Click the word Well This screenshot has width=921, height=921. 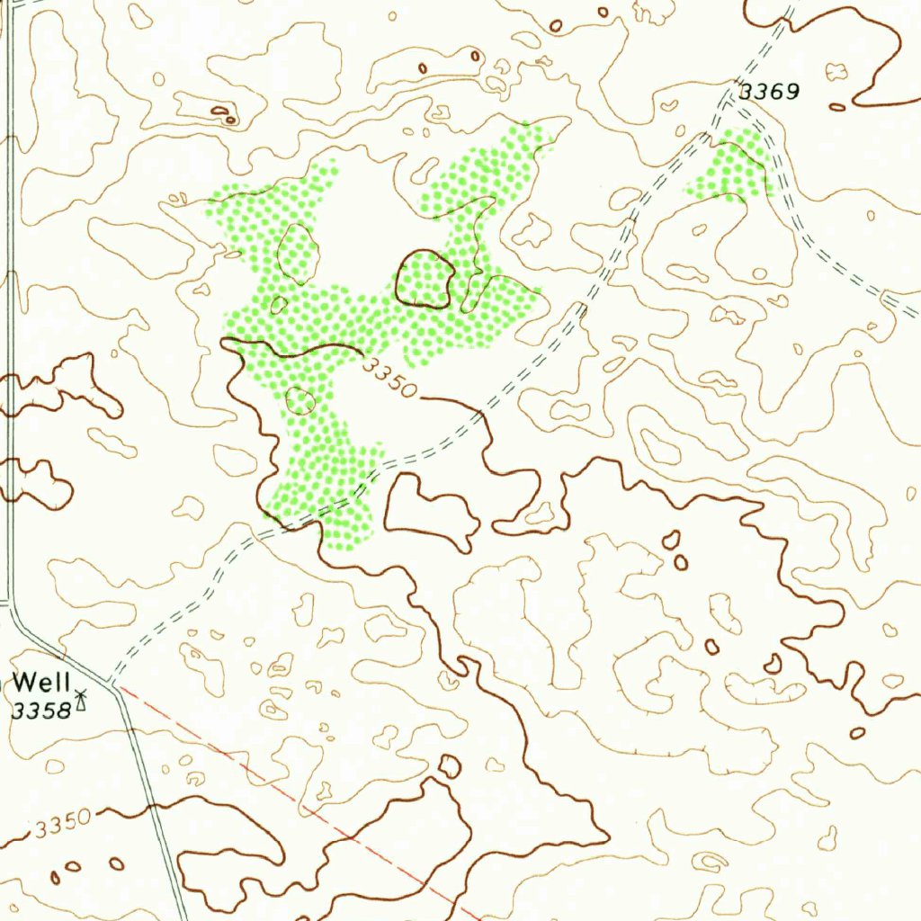[41, 681]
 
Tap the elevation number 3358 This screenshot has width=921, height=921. [41, 711]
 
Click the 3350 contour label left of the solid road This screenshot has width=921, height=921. [63, 823]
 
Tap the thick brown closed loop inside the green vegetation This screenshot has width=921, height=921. [425, 279]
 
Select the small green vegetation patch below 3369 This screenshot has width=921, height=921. [730, 167]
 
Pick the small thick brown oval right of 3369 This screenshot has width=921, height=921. [837, 107]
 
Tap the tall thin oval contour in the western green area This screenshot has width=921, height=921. [298, 253]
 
